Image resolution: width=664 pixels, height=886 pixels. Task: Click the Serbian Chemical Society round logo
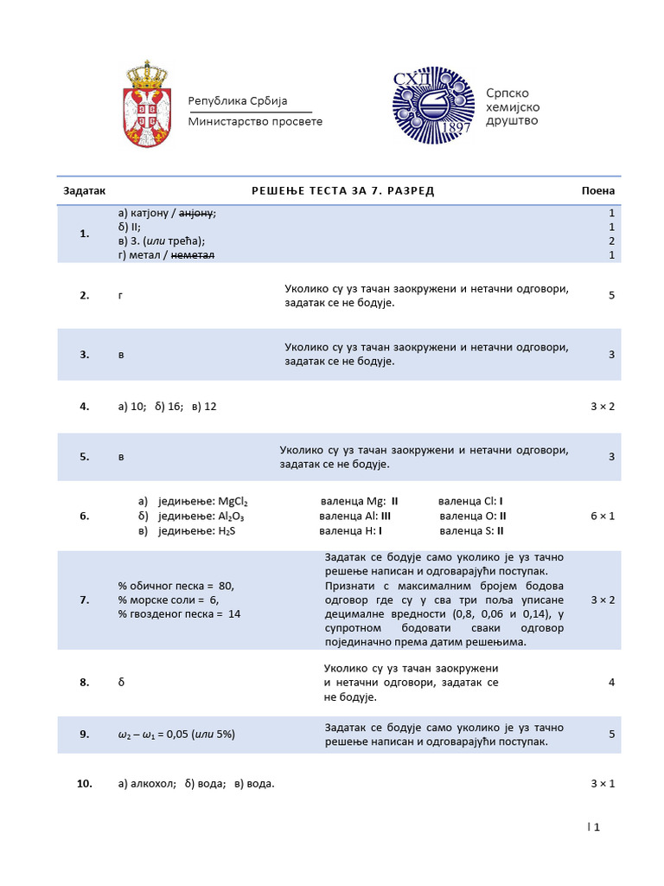433,105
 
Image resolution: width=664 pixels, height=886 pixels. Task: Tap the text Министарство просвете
255,121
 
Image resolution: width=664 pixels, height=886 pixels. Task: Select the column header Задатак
84,190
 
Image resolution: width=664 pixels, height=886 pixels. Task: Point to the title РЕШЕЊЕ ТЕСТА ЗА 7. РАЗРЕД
342,190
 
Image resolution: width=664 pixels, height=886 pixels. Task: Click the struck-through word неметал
193,255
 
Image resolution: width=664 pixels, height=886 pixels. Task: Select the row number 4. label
85,406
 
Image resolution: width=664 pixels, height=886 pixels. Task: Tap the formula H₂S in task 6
227,530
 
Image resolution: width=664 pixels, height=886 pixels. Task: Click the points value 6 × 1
603,516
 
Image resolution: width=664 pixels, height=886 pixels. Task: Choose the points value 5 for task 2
611,295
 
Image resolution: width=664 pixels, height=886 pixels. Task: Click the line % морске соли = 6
169,600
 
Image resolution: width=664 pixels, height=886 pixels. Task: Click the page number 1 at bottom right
597,826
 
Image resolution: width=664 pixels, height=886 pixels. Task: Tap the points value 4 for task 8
611,682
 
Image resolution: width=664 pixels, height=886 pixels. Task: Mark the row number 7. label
85,600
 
